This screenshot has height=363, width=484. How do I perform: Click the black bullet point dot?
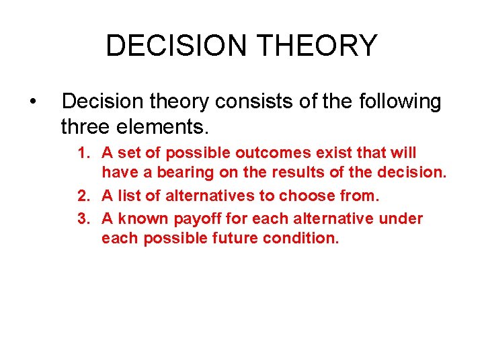tap(32, 102)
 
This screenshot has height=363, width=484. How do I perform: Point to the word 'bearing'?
tap(184, 173)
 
